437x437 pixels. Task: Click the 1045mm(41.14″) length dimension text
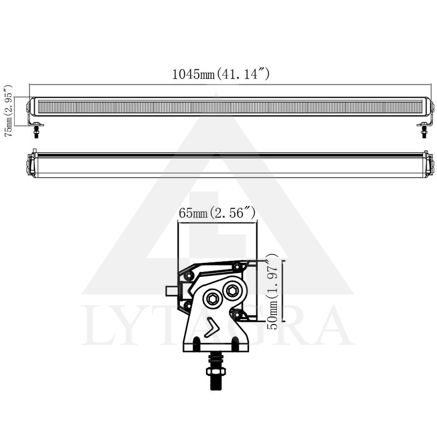[x=221, y=74]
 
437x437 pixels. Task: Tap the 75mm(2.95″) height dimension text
[x=9, y=110]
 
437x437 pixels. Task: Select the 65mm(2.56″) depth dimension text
[x=217, y=214]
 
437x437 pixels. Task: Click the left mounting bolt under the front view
[x=37, y=131]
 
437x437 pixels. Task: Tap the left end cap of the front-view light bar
[x=31, y=107]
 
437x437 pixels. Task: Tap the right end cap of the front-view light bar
[x=430, y=107]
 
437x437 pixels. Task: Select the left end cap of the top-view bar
[x=31, y=165]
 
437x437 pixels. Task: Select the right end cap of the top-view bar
[x=430, y=165]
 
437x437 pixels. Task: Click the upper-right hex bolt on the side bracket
[x=232, y=291]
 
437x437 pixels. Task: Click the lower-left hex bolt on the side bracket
[x=211, y=298]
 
